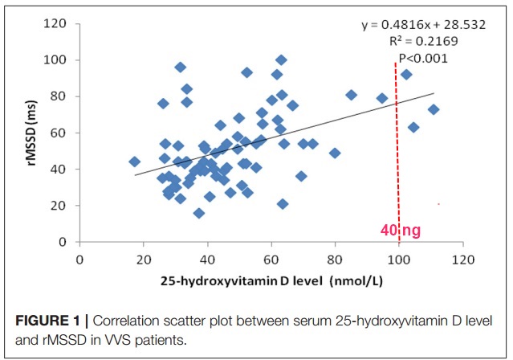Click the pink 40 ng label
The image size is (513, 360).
click(x=401, y=231)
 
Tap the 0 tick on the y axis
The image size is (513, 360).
click(x=61, y=242)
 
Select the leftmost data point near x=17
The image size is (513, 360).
click(x=134, y=162)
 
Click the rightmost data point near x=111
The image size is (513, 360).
click(x=434, y=109)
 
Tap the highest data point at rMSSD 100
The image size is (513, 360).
click(x=281, y=60)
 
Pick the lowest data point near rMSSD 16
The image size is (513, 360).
click(x=198, y=213)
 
